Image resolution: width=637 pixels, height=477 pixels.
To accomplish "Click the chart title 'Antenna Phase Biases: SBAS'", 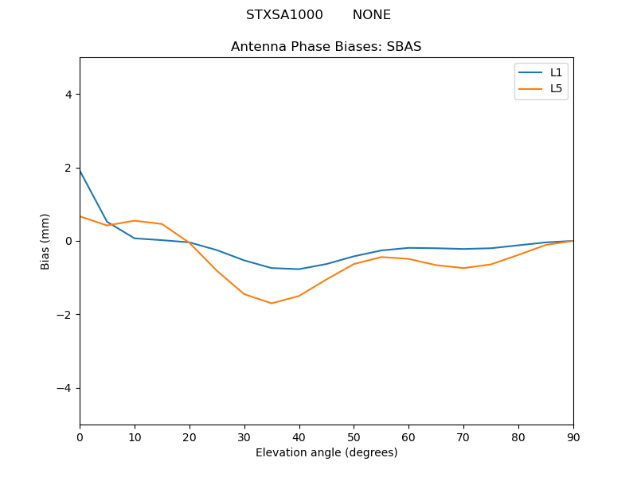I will coord(326,47).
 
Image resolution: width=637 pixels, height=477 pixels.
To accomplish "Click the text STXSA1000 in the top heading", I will coord(284,15).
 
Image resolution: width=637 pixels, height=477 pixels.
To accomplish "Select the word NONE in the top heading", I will coord(371,15).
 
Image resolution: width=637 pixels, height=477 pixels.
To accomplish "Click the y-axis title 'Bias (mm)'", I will coord(45,241).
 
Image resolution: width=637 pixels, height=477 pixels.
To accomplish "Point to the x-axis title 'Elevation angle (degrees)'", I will coord(326,453).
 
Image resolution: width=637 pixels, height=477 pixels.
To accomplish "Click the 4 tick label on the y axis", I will coord(68,95).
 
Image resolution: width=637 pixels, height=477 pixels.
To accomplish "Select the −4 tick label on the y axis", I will coord(64,388).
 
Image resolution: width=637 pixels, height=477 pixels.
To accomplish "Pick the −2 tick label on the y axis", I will coord(64,315).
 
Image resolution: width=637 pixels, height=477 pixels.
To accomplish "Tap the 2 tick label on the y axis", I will coord(68,168).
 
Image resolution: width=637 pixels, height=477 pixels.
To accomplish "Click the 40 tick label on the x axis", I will coord(299,436).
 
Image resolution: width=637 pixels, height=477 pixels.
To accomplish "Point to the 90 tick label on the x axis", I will coord(573,436).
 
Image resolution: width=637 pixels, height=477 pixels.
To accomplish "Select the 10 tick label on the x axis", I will coord(135,436).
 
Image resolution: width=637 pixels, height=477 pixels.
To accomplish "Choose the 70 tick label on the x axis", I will coord(463,436).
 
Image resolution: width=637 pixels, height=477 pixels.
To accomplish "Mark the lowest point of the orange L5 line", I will coord(272,303).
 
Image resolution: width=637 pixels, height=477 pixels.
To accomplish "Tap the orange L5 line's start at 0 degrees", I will coord(80,216).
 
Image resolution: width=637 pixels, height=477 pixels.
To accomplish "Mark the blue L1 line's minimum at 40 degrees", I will coord(299,269).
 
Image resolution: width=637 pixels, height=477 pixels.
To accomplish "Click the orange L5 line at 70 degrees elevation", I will coord(463,268).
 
